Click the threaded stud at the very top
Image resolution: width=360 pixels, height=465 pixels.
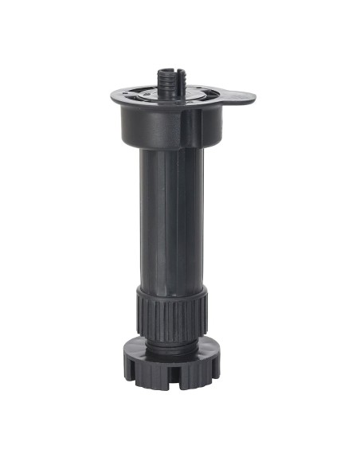point(170,78)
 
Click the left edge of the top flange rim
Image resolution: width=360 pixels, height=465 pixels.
point(114,97)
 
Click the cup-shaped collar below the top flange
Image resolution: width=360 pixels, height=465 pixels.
point(159,127)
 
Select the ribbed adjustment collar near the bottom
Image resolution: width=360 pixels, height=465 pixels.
point(172,318)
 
